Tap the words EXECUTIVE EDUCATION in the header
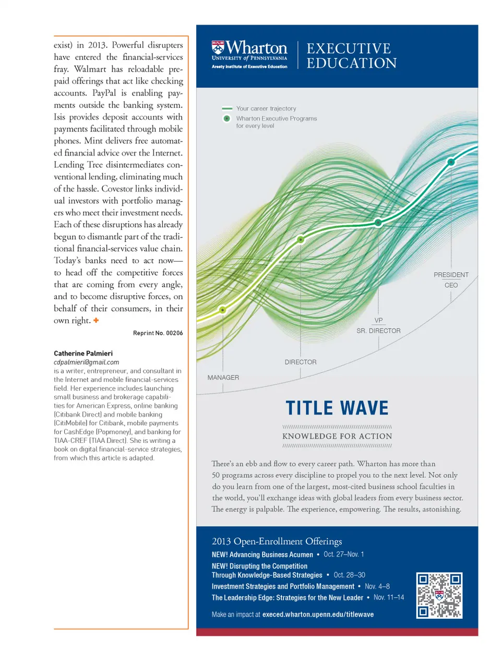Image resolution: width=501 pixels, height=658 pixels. [351, 56]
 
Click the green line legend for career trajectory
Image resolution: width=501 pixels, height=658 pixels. [227, 109]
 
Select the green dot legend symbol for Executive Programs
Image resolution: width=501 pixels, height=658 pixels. [227, 119]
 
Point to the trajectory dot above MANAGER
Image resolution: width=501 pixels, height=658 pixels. [223, 310]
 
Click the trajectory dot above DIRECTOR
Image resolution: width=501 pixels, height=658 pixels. [301, 240]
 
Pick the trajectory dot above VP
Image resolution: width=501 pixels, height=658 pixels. [378, 222]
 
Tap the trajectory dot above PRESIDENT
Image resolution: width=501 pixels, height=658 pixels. [451, 162]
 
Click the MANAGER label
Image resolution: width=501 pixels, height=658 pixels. [223, 378]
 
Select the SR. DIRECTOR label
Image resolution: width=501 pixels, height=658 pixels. [378, 331]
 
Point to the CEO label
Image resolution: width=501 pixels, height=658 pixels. [451, 285]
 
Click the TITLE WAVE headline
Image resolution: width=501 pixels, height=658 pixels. [337, 408]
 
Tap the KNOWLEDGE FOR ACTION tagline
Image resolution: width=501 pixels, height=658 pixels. [337, 436]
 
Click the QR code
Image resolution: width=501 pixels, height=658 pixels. [439, 595]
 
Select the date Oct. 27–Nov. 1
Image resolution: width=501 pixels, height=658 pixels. [343, 554]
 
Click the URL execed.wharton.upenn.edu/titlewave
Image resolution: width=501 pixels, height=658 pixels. [318, 614]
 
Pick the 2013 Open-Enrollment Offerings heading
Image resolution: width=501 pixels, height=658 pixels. [277, 541]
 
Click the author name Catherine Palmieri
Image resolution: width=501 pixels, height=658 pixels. [83, 354]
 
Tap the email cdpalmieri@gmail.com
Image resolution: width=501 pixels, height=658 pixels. [86, 362]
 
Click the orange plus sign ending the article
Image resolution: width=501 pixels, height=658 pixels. [96, 320]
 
